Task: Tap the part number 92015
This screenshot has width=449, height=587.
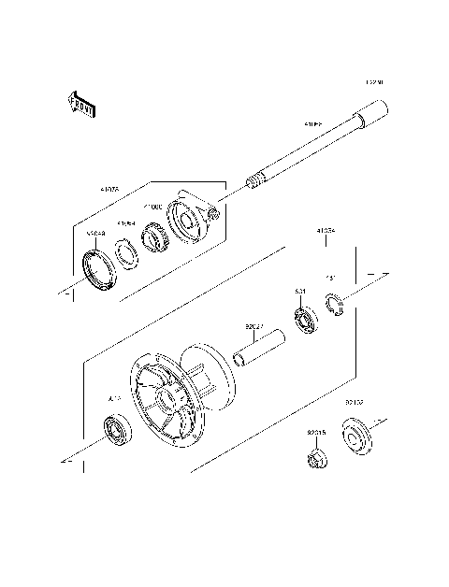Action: coord(316,433)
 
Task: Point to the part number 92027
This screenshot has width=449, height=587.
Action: coord(253,327)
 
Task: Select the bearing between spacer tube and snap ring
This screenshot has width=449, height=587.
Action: coord(304,321)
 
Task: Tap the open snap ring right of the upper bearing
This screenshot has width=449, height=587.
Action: coord(337,304)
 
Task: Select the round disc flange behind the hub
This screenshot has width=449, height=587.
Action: coord(202,374)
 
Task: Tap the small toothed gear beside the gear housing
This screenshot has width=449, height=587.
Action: coord(153,236)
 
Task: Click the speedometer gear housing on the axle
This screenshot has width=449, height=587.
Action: coord(193,220)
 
